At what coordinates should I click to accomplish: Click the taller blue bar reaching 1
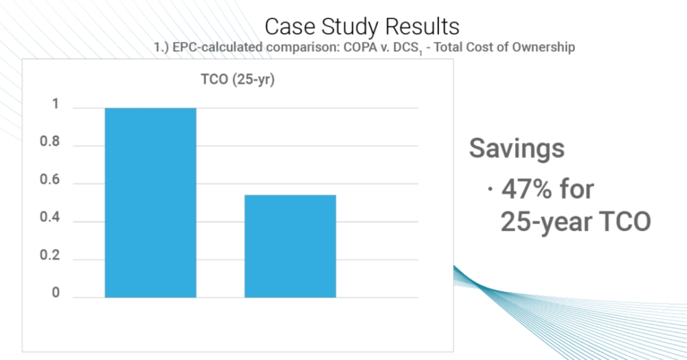tap(150, 203)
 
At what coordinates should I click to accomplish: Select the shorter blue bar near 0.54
tap(290, 246)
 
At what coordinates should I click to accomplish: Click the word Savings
tap(517, 149)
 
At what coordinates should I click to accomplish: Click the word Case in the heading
tap(289, 27)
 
